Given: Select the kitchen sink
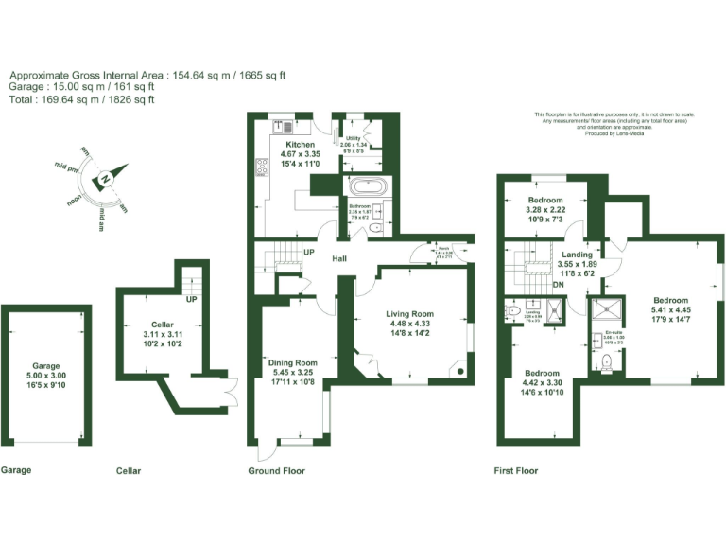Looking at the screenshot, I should pos(283,122).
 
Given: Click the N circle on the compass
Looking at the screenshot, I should pos(107,179).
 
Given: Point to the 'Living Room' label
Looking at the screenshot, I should pos(409,314).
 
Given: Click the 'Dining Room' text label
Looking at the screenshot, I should pos(291,363).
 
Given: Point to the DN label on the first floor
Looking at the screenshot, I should pos(558,285).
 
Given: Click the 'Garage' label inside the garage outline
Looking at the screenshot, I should pos(45,364).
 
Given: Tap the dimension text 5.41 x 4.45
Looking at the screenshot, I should pos(670,309).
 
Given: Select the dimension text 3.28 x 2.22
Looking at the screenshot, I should pos(545,210).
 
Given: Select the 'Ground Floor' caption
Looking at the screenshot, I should pos(276,470).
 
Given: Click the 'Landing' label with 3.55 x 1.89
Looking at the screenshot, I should pos(577,255).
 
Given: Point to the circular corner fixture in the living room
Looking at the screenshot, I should pos(460,371).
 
